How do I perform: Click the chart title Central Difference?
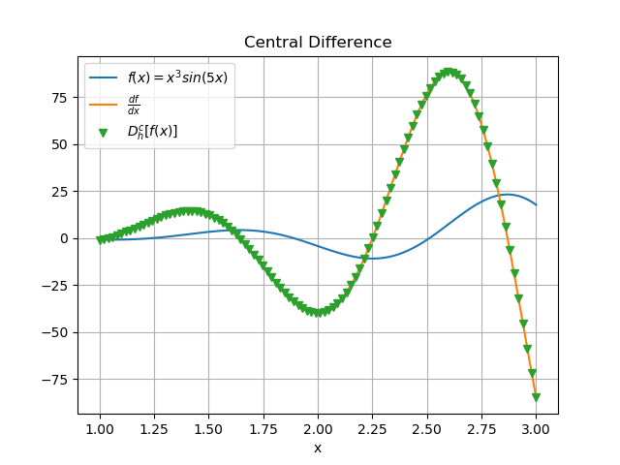coord(318,43)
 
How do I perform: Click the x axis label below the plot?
coord(318,448)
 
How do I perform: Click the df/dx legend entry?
coord(134,104)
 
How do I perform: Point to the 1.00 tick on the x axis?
coord(100,427)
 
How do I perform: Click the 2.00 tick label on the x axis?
coord(318,427)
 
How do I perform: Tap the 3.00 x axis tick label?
coord(536,427)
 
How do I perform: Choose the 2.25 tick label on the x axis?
coord(372,427)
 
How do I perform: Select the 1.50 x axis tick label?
coord(208,427)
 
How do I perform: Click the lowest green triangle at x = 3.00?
coord(536,397)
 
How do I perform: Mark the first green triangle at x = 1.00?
coord(100,239)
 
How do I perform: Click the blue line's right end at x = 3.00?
coord(536,204)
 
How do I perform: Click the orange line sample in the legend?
coord(103,104)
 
